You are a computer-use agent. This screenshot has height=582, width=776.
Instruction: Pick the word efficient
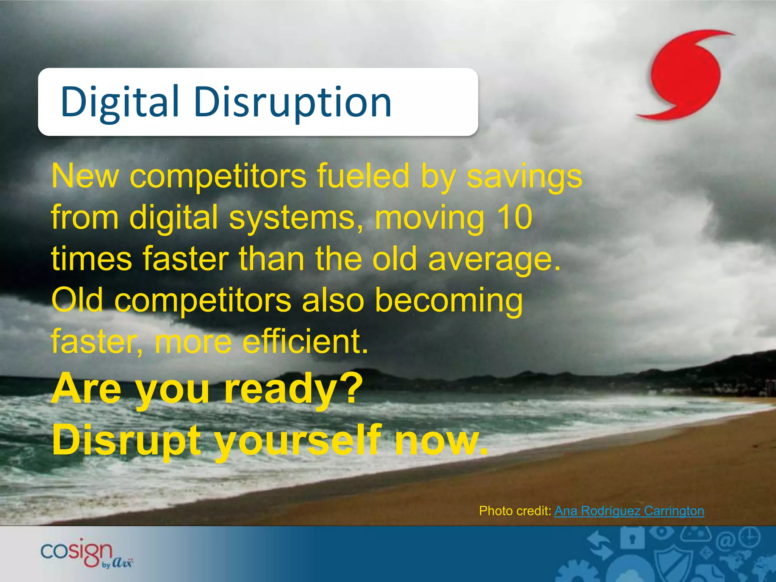[305, 341]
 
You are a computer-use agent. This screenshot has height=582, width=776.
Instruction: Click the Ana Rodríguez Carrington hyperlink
[629, 511]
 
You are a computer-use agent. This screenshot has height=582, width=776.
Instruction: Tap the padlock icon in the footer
[632, 538]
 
